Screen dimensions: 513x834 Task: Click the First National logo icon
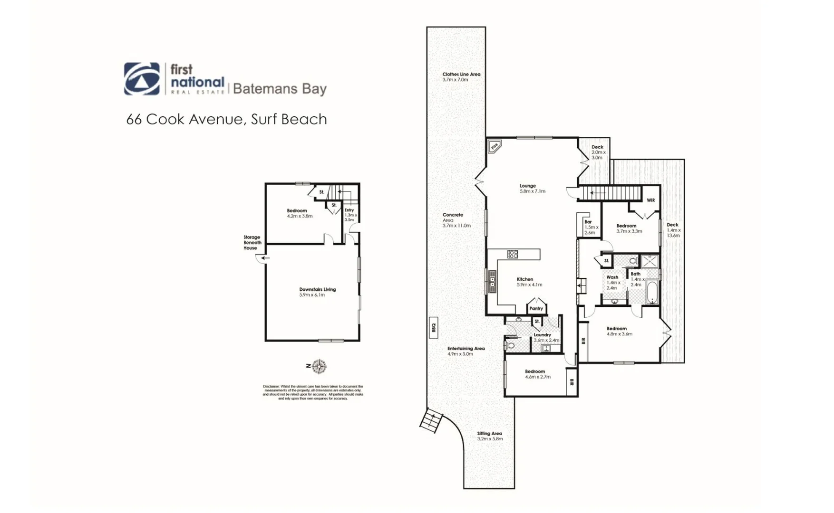point(142,79)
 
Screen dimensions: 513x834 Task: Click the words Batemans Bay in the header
point(280,89)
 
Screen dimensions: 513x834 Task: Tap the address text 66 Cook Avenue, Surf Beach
point(226,119)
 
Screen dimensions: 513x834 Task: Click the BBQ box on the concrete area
point(433,327)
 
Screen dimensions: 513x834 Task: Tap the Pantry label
point(536,308)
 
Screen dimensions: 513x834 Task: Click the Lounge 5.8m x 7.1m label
point(532,189)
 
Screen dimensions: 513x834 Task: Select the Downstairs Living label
point(317,292)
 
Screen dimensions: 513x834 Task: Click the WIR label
point(650,200)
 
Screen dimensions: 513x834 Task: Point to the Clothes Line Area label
point(461,77)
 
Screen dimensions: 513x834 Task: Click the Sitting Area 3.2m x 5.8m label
point(489,436)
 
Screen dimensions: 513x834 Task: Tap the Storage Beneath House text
point(252,242)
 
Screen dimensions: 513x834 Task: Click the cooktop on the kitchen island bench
point(512,254)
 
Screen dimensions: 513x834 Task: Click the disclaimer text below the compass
point(313,392)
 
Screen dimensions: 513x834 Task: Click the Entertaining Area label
point(465,351)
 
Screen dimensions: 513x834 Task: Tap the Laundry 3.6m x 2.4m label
point(545,337)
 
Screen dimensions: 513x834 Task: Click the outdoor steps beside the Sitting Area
point(432,420)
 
